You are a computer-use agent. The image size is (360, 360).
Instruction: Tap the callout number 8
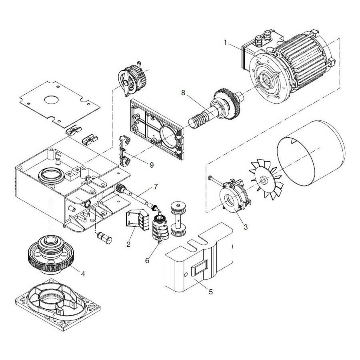[183, 93]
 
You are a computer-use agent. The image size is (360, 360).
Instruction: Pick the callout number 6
[147, 260]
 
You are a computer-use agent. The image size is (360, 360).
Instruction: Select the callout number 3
[245, 227]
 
